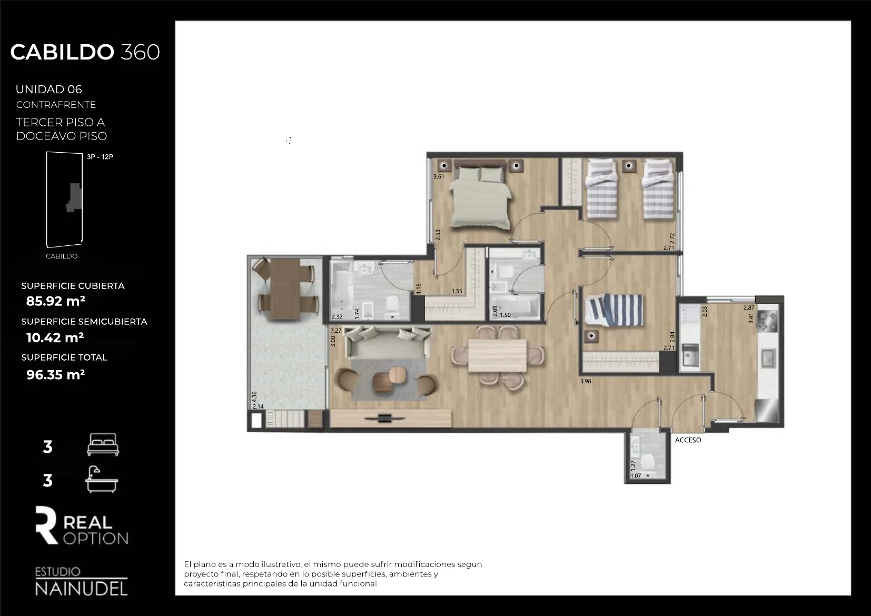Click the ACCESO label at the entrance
pos(688,440)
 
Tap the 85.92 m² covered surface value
pos(56,301)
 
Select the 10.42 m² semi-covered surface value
pos(55,337)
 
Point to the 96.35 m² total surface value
pos(56,374)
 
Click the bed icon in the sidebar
pos(103,444)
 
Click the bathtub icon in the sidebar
pos(102,479)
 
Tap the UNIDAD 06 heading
pos(49,90)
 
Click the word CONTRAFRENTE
pos(56,105)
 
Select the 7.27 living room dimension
pos(335,331)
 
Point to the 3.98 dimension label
pos(586,381)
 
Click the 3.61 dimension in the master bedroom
pos(439,176)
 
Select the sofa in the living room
pos(388,342)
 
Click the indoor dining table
pos(497,355)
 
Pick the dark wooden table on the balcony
pos(286,289)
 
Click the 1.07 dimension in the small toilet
pos(636,476)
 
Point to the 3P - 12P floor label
pos(100,157)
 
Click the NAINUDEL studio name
pos(81,589)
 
